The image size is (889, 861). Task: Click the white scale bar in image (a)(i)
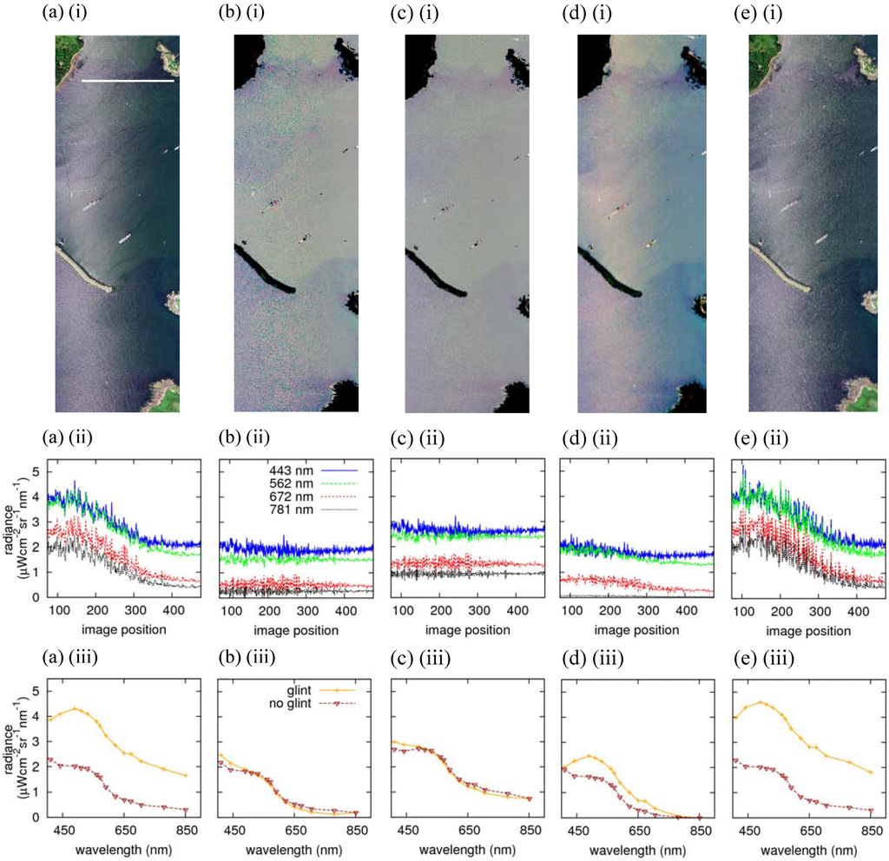point(128,82)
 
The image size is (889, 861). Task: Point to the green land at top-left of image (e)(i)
point(761,56)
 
